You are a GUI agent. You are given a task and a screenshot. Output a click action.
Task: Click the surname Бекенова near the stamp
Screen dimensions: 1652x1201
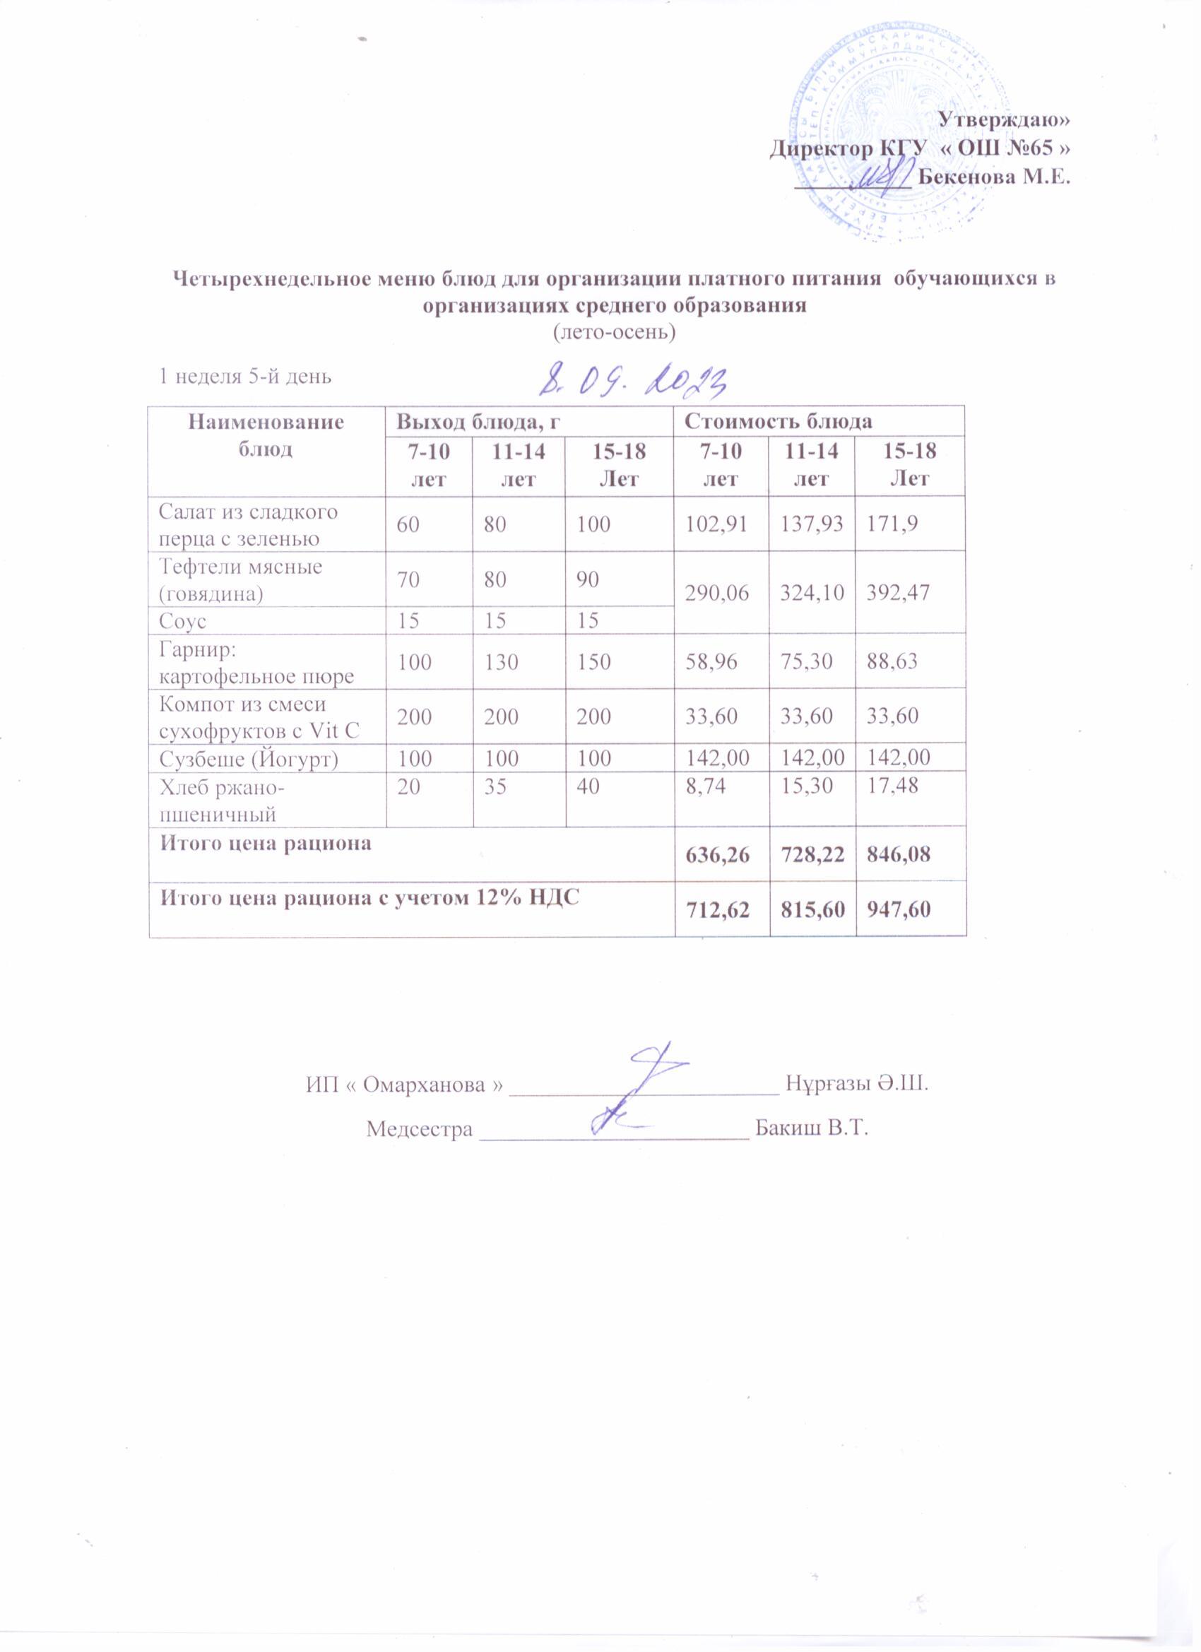click(x=966, y=177)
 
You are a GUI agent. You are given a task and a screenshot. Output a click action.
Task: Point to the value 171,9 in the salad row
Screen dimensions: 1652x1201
click(x=887, y=524)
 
